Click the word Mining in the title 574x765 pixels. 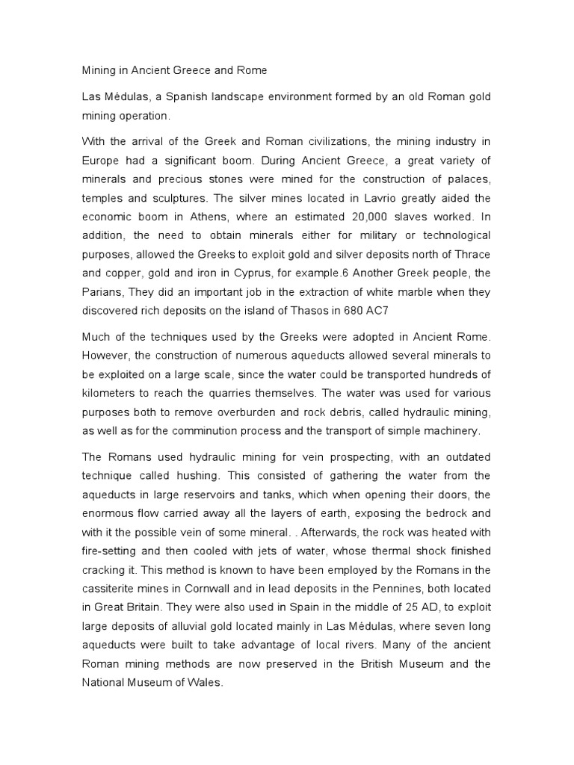coord(96,71)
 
